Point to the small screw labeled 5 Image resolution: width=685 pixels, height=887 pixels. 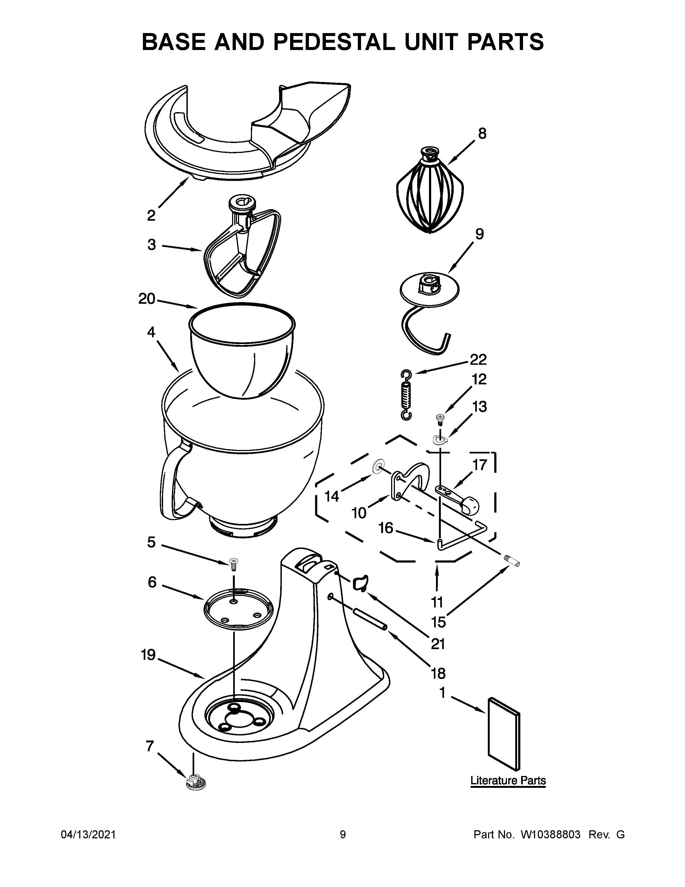[234, 564]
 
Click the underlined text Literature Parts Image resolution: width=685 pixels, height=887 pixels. [508, 780]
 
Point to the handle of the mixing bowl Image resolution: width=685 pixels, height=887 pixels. [170, 483]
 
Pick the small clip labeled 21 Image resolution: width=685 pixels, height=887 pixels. [359, 582]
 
